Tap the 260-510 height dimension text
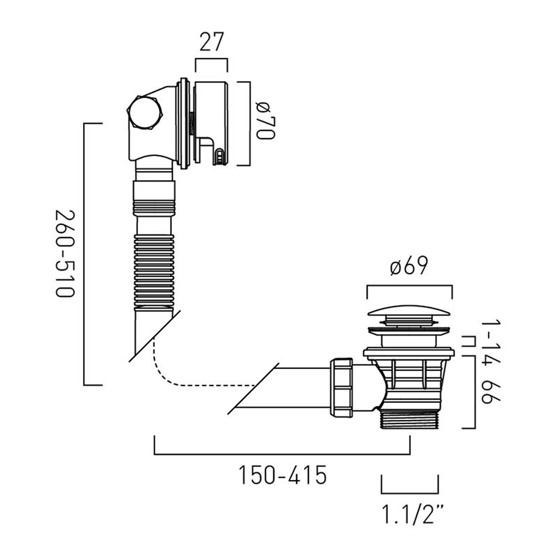click(65, 254)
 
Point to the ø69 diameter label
click(409, 266)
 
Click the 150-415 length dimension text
click(282, 475)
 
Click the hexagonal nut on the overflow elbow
click(144, 112)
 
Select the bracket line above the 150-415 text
click(282, 454)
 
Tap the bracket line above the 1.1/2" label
click(410, 493)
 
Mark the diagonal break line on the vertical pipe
click(154, 336)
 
